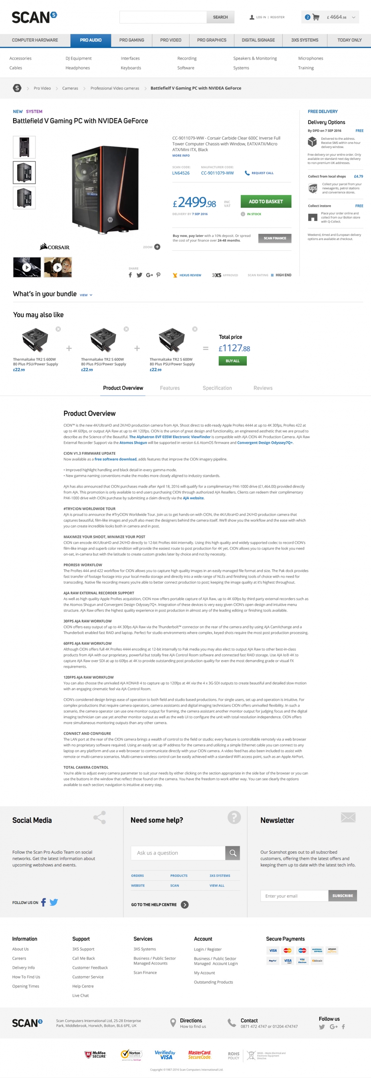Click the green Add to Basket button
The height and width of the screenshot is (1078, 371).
click(x=266, y=201)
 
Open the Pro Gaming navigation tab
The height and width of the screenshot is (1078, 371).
click(x=131, y=40)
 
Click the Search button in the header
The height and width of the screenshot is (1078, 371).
click(x=220, y=17)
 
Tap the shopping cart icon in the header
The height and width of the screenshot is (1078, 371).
click(x=316, y=17)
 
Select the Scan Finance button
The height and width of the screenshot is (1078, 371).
click(x=275, y=238)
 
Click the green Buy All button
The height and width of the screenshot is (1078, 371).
click(x=232, y=361)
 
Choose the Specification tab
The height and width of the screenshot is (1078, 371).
click(x=217, y=388)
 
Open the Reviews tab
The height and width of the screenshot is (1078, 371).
click(x=262, y=388)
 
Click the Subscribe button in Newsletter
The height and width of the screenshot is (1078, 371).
click(x=342, y=896)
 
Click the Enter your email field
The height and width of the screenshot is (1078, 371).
click(x=294, y=896)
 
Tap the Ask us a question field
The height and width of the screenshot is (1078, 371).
click(x=178, y=852)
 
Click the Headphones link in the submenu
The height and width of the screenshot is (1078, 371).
click(x=77, y=68)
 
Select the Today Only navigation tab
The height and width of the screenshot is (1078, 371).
click(x=349, y=40)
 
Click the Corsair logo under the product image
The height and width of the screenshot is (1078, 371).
click(x=55, y=247)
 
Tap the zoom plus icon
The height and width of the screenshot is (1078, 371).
click(x=157, y=247)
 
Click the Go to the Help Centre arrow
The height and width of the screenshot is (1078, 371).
click(x=185, y=904)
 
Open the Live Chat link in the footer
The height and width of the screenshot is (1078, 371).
click(x=80, y=995)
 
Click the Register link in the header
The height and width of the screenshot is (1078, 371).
click(x=277, y=17)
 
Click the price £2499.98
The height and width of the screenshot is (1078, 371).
click(x=195, y=203)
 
